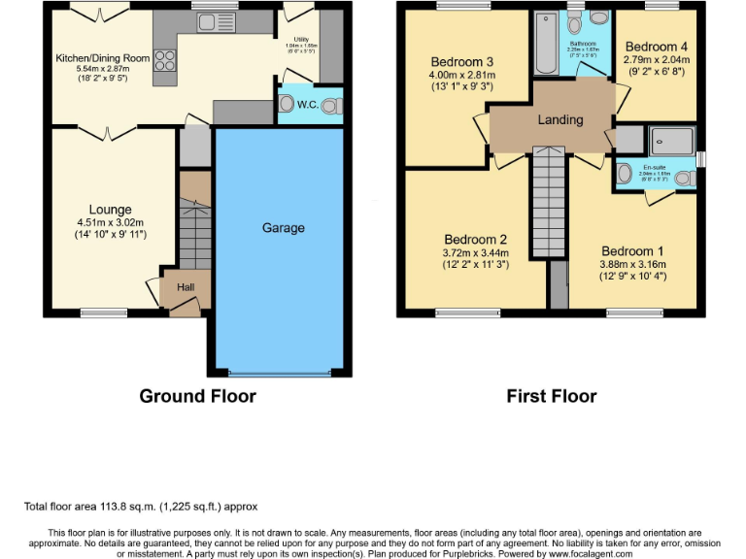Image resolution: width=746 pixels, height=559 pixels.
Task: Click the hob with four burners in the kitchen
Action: coord(163,61)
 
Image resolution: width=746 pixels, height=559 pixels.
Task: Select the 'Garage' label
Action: coord(283,228)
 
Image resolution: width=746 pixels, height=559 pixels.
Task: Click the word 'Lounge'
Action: coord(110,210)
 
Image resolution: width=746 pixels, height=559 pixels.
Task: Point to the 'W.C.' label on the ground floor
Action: coord(308,104)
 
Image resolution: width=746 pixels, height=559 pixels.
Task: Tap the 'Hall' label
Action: coord(186,287)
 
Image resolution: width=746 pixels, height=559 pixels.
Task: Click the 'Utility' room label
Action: coord(300,38)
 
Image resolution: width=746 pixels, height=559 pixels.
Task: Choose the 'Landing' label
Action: coord(560,120)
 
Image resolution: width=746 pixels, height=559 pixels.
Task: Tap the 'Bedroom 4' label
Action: coord(656,47)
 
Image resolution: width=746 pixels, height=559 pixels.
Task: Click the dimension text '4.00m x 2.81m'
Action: coord(461,74)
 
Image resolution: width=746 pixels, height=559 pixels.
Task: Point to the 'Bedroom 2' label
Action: coord(476,240)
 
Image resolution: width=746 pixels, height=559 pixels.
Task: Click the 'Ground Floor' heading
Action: coord(198,396)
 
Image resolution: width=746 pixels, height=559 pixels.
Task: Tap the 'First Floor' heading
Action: coord(552,396)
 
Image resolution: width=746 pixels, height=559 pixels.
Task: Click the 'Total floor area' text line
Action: coord(141,507)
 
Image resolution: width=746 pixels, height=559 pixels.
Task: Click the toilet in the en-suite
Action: coord(684,178)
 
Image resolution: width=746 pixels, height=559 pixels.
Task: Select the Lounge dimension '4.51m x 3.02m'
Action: coord(110,222)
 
